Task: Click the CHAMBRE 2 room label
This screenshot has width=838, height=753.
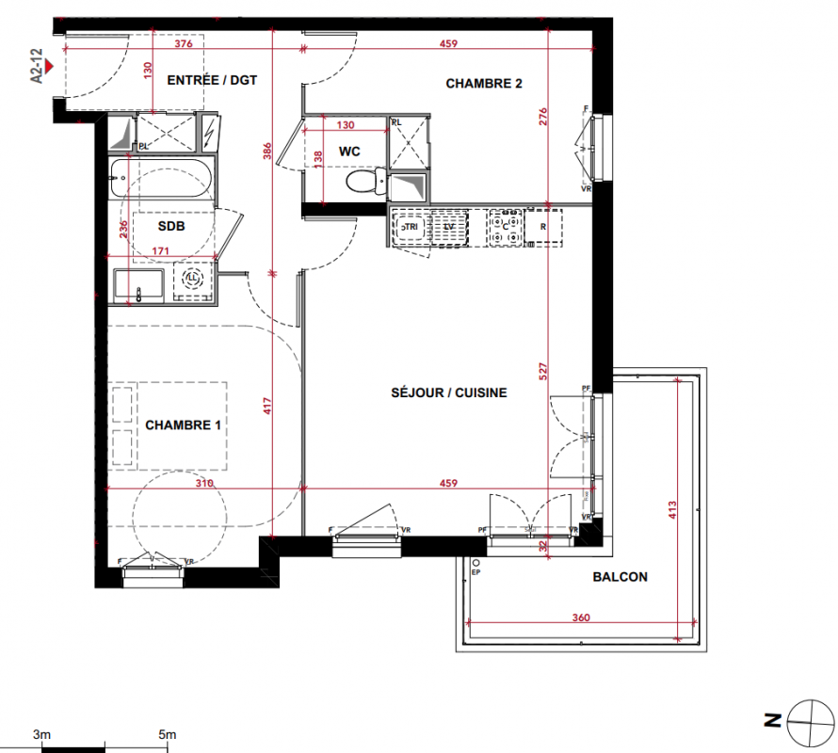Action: point(484,84)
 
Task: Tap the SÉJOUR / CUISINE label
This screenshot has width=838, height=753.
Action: point(449,393)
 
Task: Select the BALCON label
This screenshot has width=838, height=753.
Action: point(620,577)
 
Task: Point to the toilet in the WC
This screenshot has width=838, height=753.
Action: point(366,181)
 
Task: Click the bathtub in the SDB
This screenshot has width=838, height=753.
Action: point(161,179)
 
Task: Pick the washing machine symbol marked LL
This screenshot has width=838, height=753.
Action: point(192,279)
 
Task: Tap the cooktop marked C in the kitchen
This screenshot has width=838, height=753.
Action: point(505,228)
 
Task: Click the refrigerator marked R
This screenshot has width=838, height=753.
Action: point(543,227)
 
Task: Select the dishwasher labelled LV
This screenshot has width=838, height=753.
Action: point(449,228)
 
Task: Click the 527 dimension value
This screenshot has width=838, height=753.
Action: point(543,371)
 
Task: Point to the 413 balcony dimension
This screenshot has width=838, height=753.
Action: point(672,510)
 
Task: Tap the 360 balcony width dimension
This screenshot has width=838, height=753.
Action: point(581,617)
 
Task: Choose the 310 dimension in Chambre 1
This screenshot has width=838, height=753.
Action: point(204,483)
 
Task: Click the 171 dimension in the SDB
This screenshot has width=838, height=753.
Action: point(160,250)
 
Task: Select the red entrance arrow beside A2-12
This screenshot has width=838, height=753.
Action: point(49,66)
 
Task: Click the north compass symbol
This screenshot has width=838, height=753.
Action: point(811,723)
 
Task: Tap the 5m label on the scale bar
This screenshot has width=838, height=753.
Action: point(168,734)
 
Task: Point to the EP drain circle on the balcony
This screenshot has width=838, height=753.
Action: point(476,563)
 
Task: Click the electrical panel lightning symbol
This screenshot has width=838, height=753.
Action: point(209,132)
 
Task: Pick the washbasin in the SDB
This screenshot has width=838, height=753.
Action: point(138,286)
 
